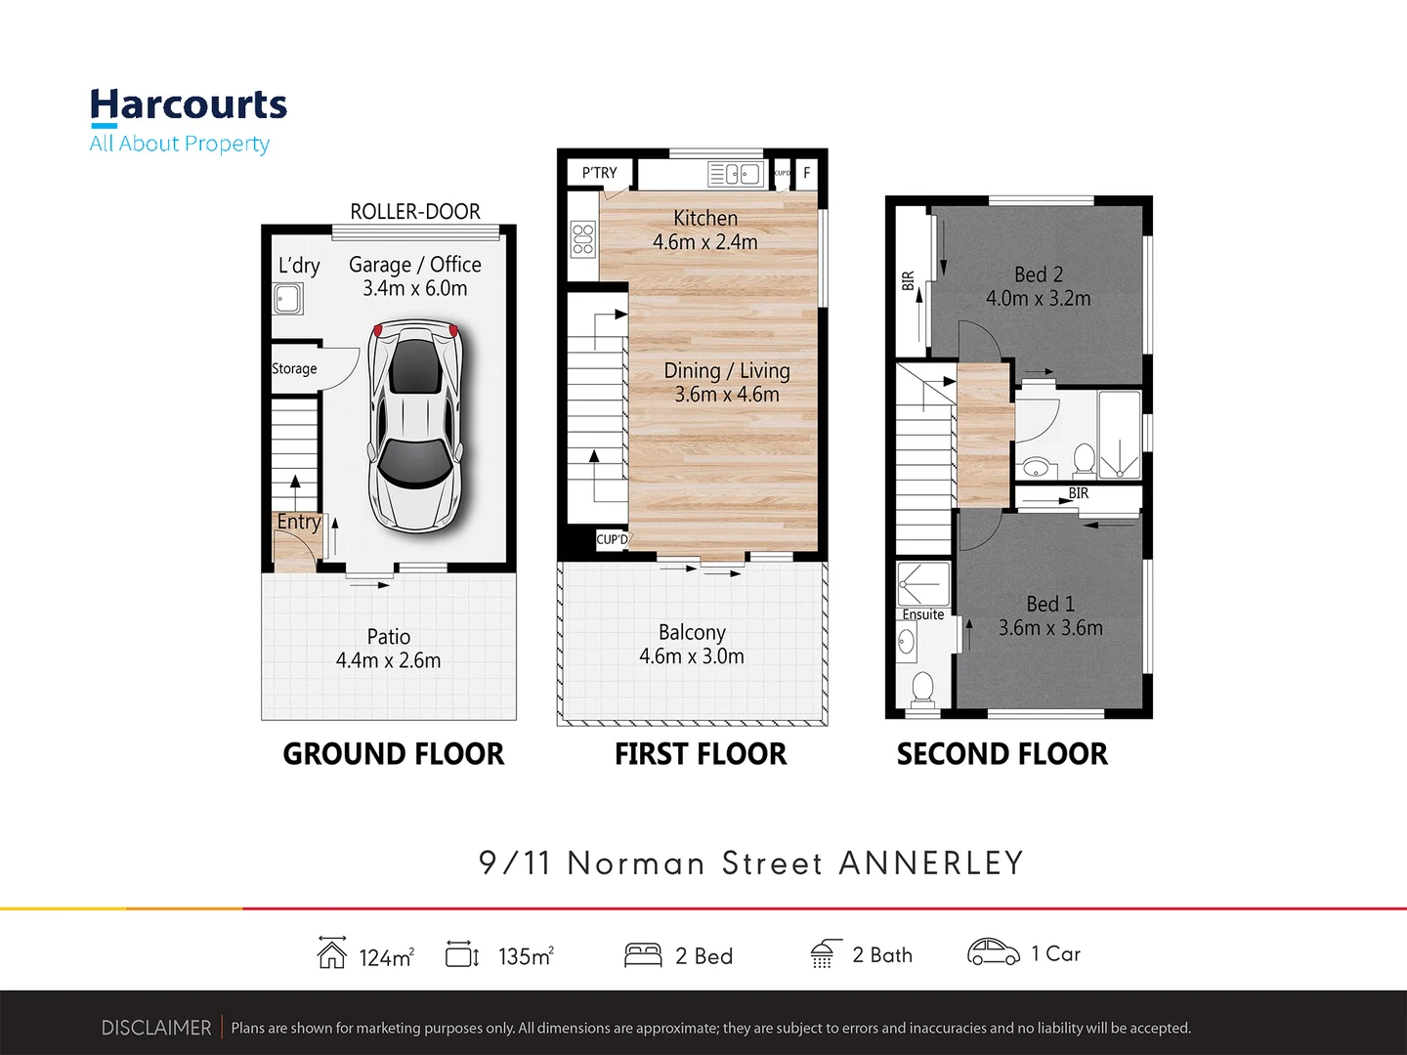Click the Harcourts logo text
click(x=189, y=105)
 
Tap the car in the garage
click(x=415, y=426)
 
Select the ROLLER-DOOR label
click(x=415, y=211)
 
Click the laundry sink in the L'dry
click(x=288, y=298)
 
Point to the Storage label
click(x=294, y=368)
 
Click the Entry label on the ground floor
click(x=298, y=522)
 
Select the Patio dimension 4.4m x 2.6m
click(x=388, y=660)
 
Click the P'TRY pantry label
click(x=599, y=173)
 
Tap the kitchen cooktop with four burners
click(x=583, y=239)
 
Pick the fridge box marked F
click(x=806, y=173)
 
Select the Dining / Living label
click(x=726, y=371)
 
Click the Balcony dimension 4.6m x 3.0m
click(x=692, y=656)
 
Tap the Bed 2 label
click(x=1038, y=274)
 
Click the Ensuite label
click(x=922, y=614)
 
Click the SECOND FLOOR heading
click(x=1002, y=754)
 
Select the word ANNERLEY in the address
click(x=930, y=863)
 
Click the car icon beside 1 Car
click(x=993, y=952)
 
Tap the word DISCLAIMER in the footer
click(x=156, y=1028)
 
